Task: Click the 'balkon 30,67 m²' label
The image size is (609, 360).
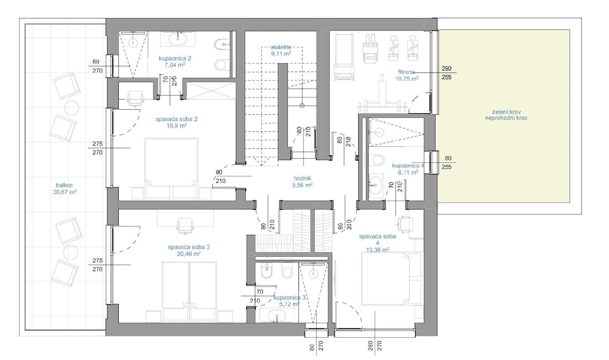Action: pyautogui.click(x=64, y=189)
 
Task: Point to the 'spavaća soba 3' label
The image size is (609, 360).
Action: pyautogui.click(x=188, y=250)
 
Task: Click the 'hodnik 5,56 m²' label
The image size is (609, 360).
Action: pyautogui.click(x=302, y=182)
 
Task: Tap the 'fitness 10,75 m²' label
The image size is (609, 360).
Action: pyautogui.click(x=407, y=76)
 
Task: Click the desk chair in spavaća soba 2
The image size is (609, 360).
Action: pyautogui.click(x=134, y=99)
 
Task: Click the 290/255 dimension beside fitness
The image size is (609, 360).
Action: pyautogui.click(x=447, y=73)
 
